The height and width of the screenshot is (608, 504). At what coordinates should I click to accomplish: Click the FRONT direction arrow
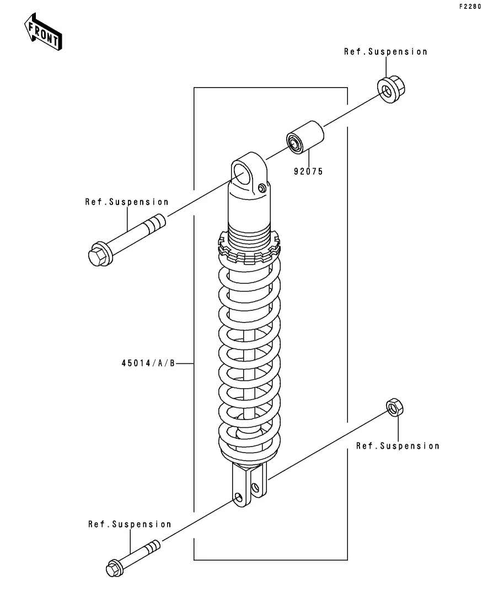point(42,32)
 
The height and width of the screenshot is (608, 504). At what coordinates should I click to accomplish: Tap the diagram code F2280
point(470,7)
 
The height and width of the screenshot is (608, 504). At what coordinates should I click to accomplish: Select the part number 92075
point(308,171)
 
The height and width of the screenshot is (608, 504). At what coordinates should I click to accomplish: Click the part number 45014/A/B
point(148,363)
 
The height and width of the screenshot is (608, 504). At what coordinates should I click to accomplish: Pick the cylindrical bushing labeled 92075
point(305,137)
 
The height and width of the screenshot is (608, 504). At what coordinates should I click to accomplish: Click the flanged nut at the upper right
point(391,89)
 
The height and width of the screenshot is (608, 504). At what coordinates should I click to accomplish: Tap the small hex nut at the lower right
point(395,407)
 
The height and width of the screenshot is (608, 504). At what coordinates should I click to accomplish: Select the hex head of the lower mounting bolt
point(115,568)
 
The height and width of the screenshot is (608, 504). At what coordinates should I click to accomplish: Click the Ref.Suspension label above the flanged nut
point(385,52)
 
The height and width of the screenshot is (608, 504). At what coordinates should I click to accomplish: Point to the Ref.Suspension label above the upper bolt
point(127,202)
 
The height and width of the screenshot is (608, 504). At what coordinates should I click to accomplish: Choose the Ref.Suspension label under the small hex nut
point(398,446)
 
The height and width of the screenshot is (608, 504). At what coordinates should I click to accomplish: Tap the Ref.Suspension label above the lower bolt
point(130,524)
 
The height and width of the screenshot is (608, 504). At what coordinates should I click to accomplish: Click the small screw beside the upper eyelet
point(262,188)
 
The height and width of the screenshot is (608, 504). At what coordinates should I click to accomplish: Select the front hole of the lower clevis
point(238,498)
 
